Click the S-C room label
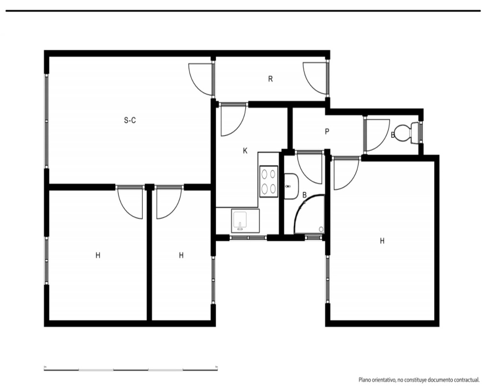[x=130, y=120]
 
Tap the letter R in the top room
[x=270, y=79]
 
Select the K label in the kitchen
[x=245, y=151]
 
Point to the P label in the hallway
[x=327, y=132]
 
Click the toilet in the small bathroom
[x=406, y=133]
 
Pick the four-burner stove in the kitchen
[x=269, y=181]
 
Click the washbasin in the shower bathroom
[x=291, y=186]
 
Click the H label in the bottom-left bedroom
[x=98, y=255]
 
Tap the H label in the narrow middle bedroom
[x=181, y=255]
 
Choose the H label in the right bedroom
[x=382, y=241]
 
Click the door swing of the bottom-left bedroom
[x=130, y=202]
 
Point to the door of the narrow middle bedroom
[x=169, y=202]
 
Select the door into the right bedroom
[x=346, y=173]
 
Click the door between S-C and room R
[x=201, y=79]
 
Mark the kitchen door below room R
[x=234, y=120]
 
